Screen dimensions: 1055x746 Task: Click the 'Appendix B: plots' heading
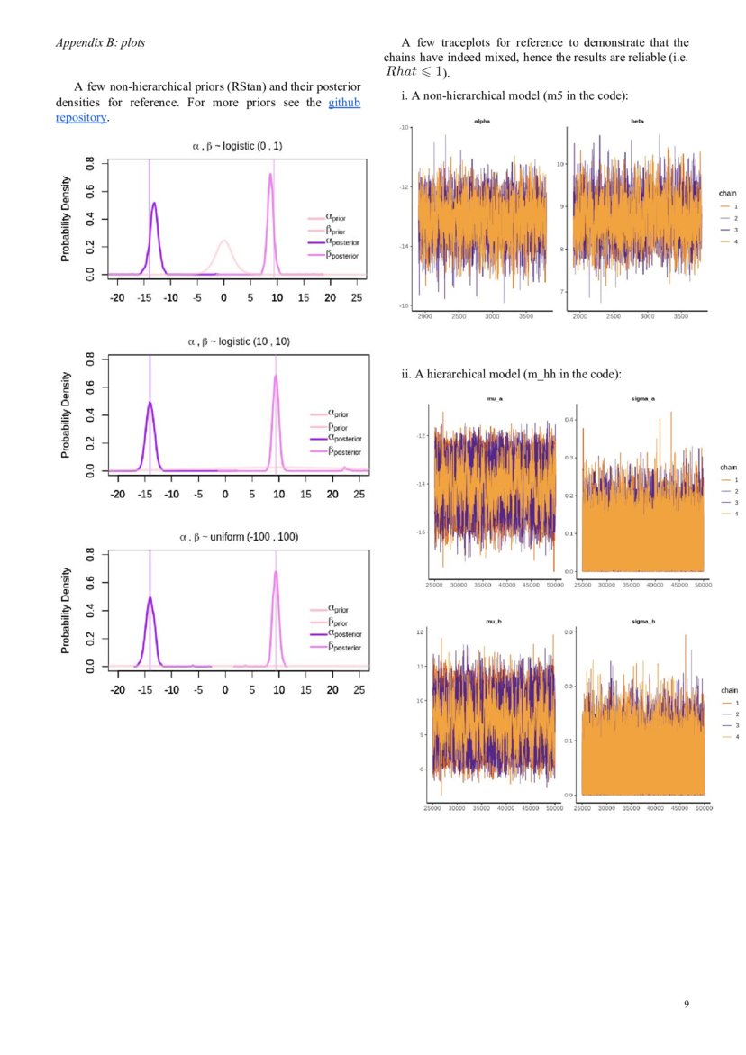pyautogui.click(x=100, y=42)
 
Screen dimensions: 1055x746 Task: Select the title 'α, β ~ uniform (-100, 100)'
pyautogui.click(x=238, y=536)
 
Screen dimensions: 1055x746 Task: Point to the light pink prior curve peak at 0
pyautogui.click(x=224, y=241)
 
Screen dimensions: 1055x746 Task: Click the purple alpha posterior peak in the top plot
pyautogui.click(x=153, y=205)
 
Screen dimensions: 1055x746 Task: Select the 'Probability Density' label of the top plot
pyautogui.click(x=65, y=219)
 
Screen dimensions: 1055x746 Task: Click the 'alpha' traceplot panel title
pyautogui.click(x=480, y=120)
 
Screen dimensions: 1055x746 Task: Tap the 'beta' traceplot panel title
pyautogui.click(x=637, y=120)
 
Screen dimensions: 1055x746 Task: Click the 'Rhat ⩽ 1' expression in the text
pyautogui.click(x=415, y=71)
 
